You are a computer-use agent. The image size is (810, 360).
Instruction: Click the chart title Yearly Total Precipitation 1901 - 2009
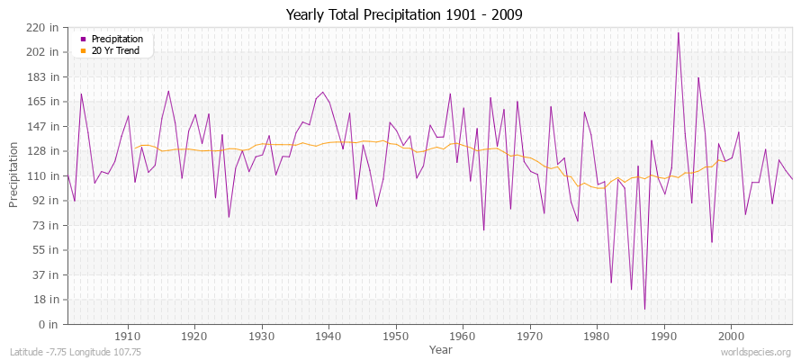[x=404, y=14]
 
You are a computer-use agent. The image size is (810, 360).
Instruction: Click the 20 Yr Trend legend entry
[x=115, y=50]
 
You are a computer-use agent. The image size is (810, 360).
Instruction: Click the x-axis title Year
[x=441, y=348]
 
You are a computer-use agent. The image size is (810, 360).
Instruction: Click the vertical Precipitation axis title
[x=14, y=175]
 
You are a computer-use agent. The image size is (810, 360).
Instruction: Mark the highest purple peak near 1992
[x=678, y=32]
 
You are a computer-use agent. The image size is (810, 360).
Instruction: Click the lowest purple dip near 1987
[x=644, y=310]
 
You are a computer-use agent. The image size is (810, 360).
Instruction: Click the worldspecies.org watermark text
[x=757, y=353]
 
